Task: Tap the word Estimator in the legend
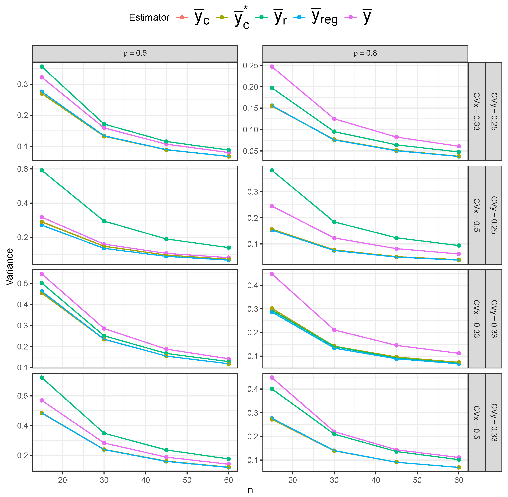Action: [x=149, y=17]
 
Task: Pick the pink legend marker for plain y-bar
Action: [x=351, y=17]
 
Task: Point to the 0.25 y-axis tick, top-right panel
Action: [x=250, y=66]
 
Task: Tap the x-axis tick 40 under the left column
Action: [x=145, y=480]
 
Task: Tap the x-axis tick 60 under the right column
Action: [x=459, y=480]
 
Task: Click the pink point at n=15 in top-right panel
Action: [x=272, y=67]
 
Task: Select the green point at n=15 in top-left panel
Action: [x=42, y=67]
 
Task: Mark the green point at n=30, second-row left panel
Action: [x=104, y=221]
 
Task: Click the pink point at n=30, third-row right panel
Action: [x=334, y=330]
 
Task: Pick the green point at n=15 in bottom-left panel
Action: [x=42, y=377]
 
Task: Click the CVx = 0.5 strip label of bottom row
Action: [x=476, y=422]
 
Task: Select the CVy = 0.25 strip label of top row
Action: [x=494, y=111]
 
